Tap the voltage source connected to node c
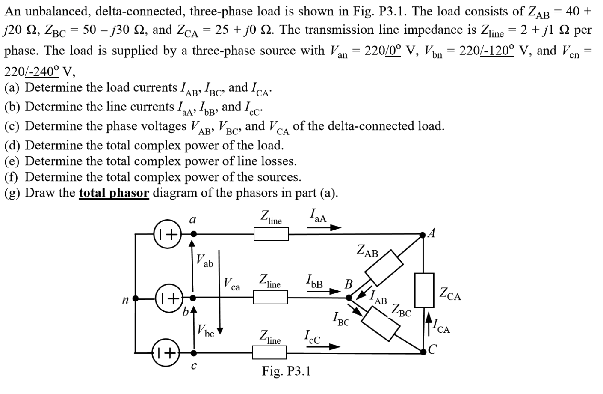pyautogui.click(x=167, y=353)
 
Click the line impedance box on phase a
pyautogui.click(x=271, y=234)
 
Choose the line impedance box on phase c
pyautogui.click(x=269, y=352)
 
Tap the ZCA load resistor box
pyautogui.click(x=424, y=290)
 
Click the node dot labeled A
pyautogui.click(x=423, y=234)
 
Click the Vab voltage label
pyautogui.click(x=204, y=261)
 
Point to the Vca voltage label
pyautogui.click(x=232, y=284)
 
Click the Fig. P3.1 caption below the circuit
pyautogui.click(x=286, y=371)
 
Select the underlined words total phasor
pyautogui.click(x=114, y=193)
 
